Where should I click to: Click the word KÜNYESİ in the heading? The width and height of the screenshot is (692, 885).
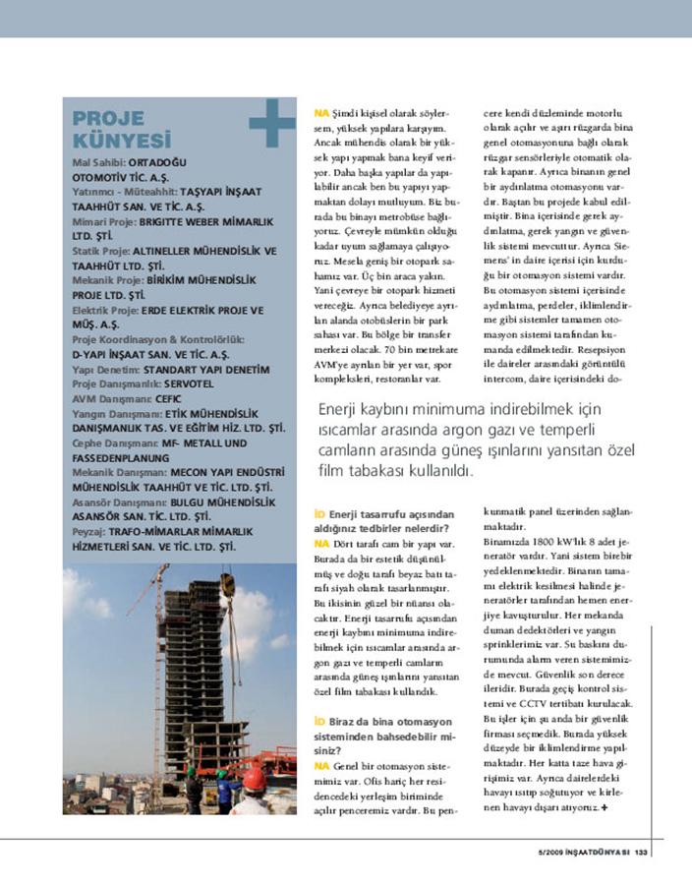123,141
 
